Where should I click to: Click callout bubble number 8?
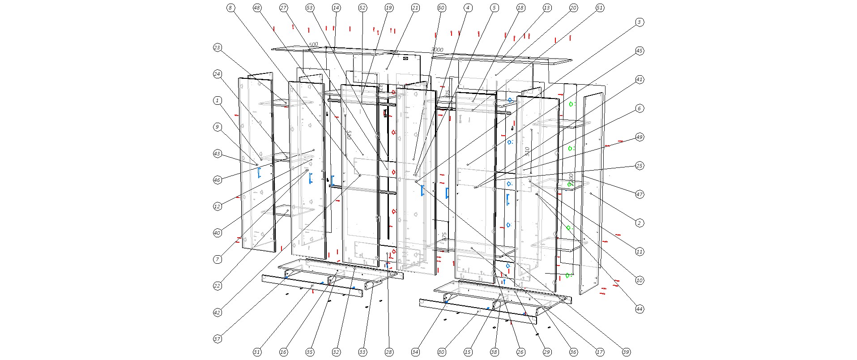tap(230, 8)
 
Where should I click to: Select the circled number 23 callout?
tap(217, 48)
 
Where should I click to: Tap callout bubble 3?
tap(640, 22)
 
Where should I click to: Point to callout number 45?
tap(640, 51)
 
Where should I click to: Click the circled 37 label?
tap(217, 339)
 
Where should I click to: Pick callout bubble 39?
tap(626, 352)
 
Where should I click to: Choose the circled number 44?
tap(640, 309)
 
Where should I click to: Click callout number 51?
tap(600, 8)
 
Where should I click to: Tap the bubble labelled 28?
tap(389, 352)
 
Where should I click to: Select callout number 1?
tap(217, 101)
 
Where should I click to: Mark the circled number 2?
tap(640, 223)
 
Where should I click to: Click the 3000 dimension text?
tap(437, 50)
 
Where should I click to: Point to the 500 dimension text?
tap(313, 44)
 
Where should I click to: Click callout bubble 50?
tap(442, 8)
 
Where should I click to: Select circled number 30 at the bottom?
tap(442, 352)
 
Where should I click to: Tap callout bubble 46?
tap(217, 180)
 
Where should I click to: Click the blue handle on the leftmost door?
tap(259, 173)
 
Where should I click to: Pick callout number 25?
tap(640, 166)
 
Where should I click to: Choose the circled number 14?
tap(336, 8)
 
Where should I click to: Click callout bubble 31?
tap(257, 352)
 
